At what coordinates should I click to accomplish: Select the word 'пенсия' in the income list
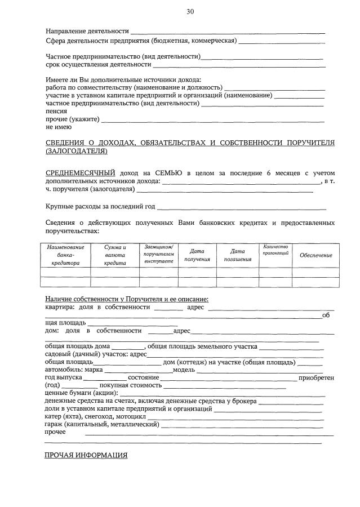[56, 112]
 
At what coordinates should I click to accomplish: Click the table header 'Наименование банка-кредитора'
[65, 255]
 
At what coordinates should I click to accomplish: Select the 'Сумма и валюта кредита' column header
[115, 255]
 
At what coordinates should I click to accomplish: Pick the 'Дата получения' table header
[197, 255]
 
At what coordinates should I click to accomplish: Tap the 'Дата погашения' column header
[237, 255]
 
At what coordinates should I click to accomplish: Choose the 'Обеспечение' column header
[315, 255]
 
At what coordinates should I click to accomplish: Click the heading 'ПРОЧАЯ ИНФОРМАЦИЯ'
[86, 455]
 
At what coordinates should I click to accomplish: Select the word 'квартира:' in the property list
[59, 308]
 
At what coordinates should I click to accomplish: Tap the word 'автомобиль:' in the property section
[64, 370]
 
